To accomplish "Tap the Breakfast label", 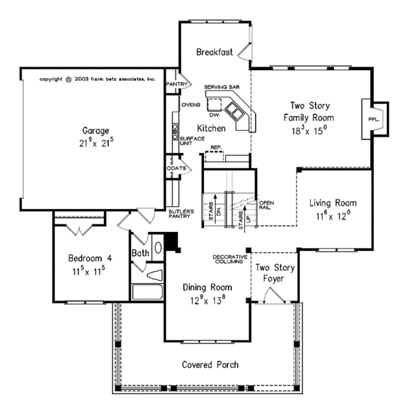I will point(215,52).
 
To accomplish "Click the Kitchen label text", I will point(211,128).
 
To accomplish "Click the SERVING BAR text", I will point(220,88).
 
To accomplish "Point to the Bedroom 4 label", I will point(91,259).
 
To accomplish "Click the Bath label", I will point(141,253).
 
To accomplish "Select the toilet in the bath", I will point(154,275).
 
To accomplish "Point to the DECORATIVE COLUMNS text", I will point(228,259).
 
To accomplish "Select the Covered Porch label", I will point(210,365).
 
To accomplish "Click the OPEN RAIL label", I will point(267,204).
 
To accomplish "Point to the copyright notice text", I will point(98,79).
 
